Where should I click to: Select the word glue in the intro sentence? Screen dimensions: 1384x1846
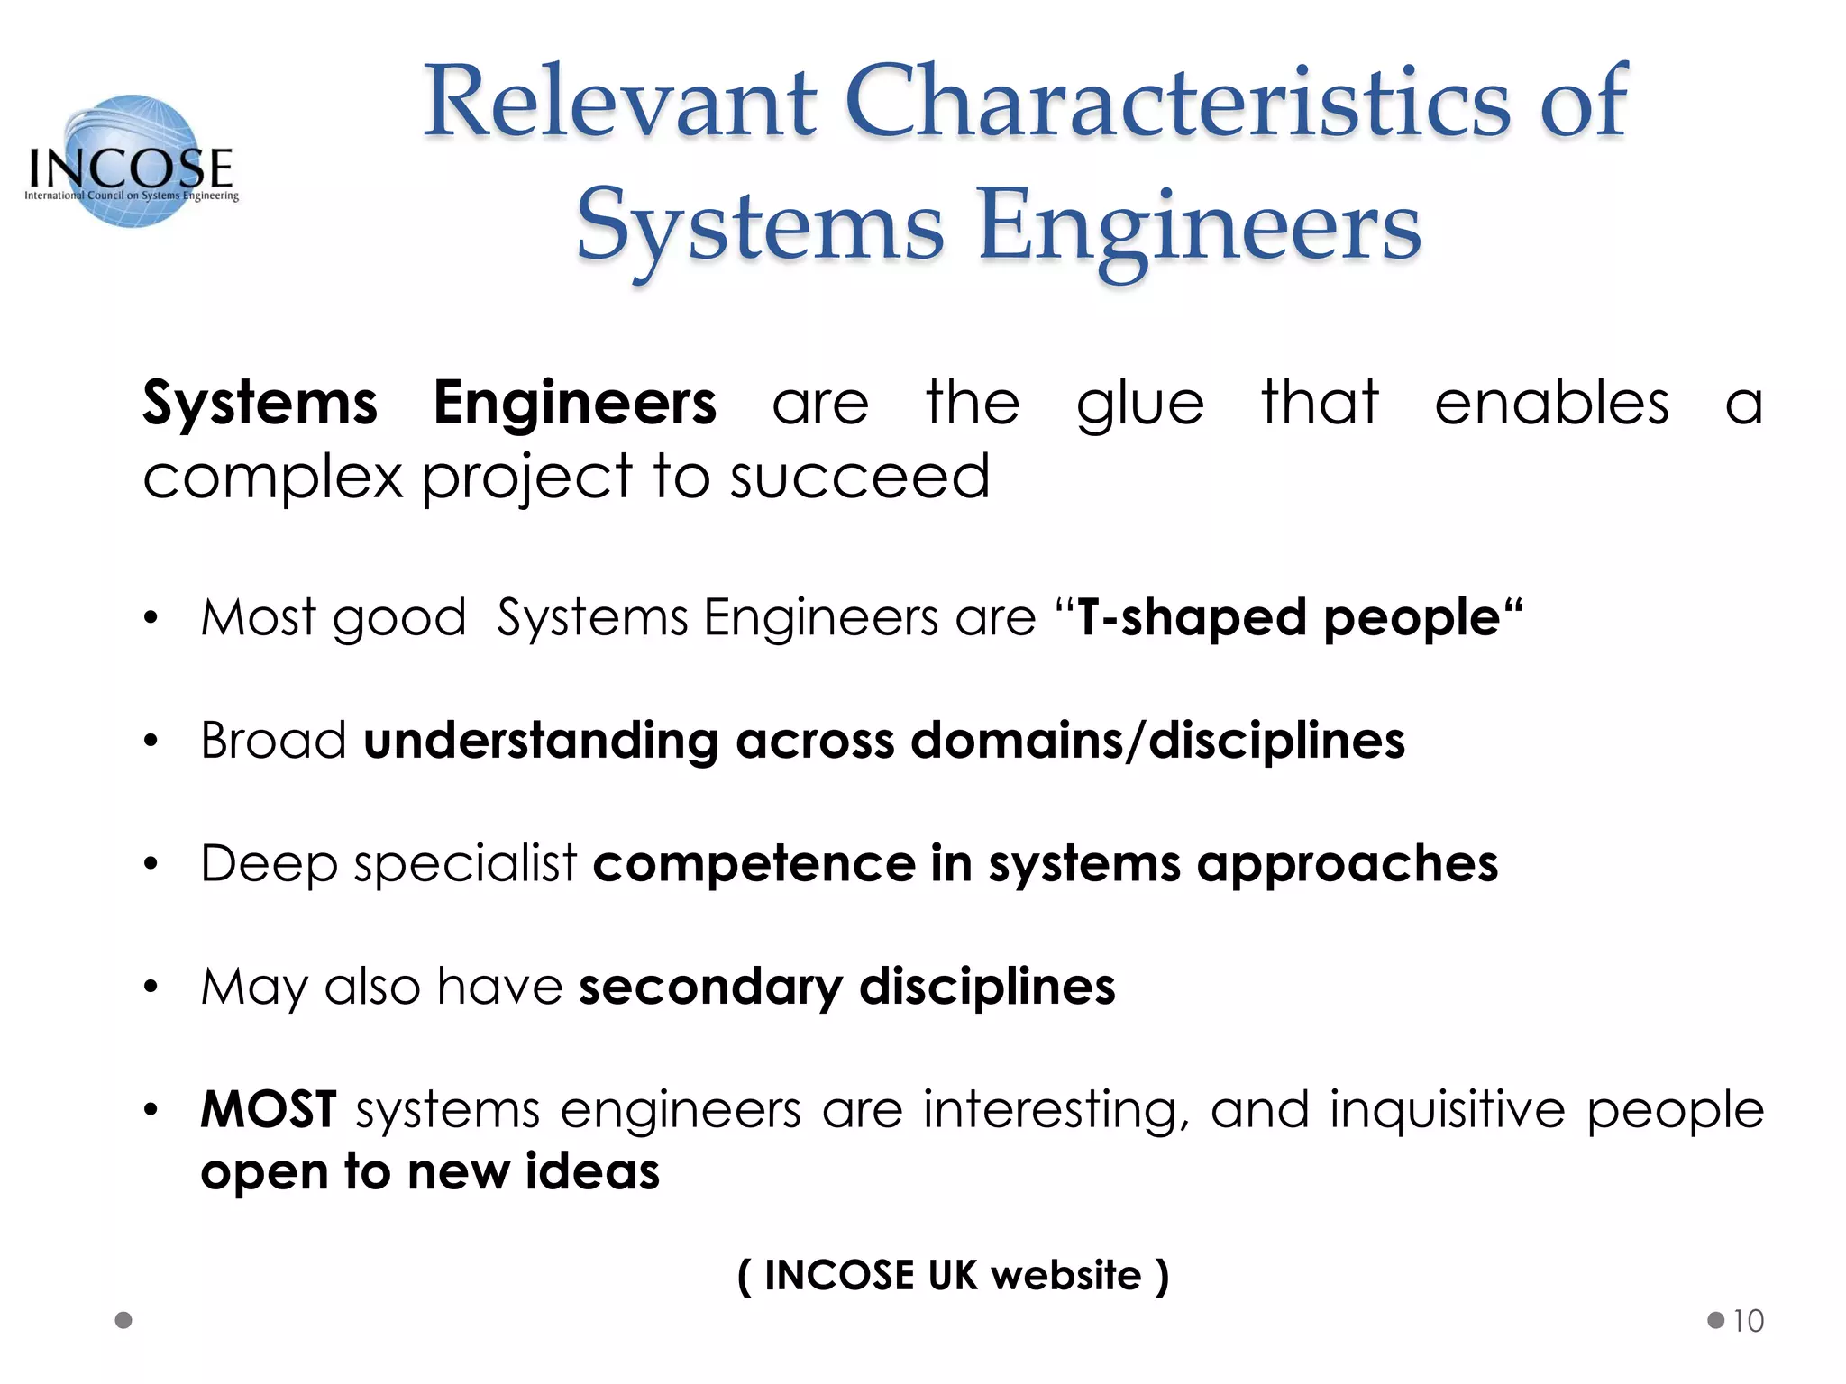pyautogui.click(x=1140, y=404)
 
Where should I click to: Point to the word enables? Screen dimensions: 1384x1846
pyautogui.click(x=1551, y=402)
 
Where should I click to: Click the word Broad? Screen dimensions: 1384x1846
pyautogui.click(x=273, y=741)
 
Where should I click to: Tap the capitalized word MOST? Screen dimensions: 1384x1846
pyautogui.click(x=269, y=1109)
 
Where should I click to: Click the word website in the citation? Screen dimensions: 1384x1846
pyautogui.click(x=1065, y=1276)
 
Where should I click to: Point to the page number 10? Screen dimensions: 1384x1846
pyautogui.click(x=1748, y=1321)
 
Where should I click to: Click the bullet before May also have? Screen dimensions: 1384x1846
pyautogui.click(x=151, y=988)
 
